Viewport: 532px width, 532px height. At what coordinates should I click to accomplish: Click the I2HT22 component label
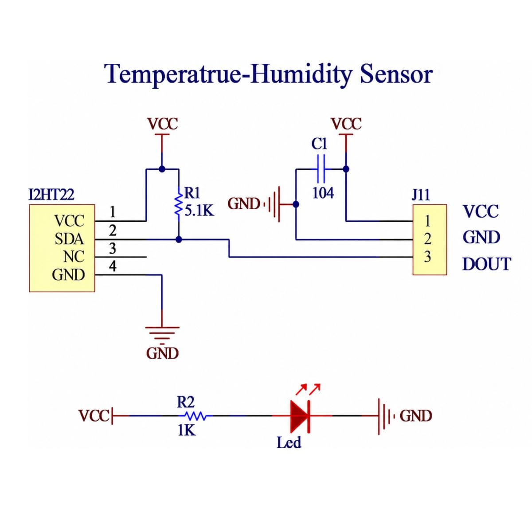(x=51, y=195)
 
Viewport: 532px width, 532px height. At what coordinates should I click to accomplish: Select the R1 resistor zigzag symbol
(x=179, y=204)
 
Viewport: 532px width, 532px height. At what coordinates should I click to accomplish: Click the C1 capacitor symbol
(x=321, y=168)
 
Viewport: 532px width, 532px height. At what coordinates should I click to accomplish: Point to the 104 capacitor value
(x=323, y=193)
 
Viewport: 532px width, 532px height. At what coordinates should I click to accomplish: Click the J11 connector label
(x=421, y=195)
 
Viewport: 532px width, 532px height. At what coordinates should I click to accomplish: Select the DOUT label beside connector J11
(x=487, y=264)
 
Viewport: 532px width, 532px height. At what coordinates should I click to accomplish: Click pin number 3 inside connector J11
(x=427, y=257)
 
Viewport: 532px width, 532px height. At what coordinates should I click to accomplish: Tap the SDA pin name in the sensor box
(x=69, y=239)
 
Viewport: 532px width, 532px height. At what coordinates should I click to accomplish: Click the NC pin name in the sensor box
(x=74, y=257)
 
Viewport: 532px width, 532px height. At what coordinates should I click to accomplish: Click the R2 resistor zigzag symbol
(x=196, y=416)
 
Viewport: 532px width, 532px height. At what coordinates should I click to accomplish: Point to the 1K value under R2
(x=187, y=430)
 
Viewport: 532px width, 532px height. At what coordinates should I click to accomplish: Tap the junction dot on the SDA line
(x=179, y=239)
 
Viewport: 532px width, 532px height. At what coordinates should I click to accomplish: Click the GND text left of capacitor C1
(x=244, y=204)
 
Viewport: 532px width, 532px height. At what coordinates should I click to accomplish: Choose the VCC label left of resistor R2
(x=94, y=416)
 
